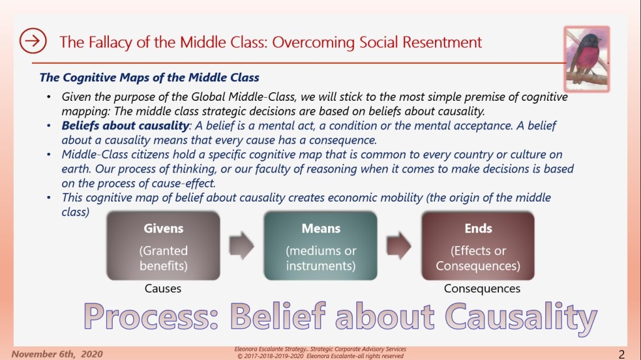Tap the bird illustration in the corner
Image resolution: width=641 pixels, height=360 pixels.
pyautogui.click(x=587, y=56)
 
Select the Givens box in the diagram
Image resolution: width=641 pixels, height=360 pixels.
pyautogui.click(x=164, y=245)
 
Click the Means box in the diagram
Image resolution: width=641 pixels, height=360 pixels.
pyautogui.click(x=320, y=245)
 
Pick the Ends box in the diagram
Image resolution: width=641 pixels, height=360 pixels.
pyautogui.click(x=478, y=245)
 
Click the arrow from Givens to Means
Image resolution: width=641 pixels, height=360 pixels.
pyautogui.click(x=242, y=245)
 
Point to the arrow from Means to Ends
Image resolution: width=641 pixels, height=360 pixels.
pyautogui.click(x=399, y=245)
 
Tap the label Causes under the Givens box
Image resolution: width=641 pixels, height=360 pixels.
pyautogui.click(x=163, y=289)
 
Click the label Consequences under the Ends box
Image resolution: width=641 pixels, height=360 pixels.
pyautogui.click(x=481, y=289)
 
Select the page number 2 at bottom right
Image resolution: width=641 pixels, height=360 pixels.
pyautogui.click(x=621, y=352)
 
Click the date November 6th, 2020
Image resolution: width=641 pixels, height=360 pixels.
pyautogui.click(x=56, y=353)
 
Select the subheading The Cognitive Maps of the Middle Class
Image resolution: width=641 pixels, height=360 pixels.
pyautogui.click(x=149, y=78)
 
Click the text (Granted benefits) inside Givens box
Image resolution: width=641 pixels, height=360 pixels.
pyautogui.click(x=163, y=257)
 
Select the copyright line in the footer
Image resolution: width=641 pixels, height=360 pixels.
pyautogui.click(x=320, y=355)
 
